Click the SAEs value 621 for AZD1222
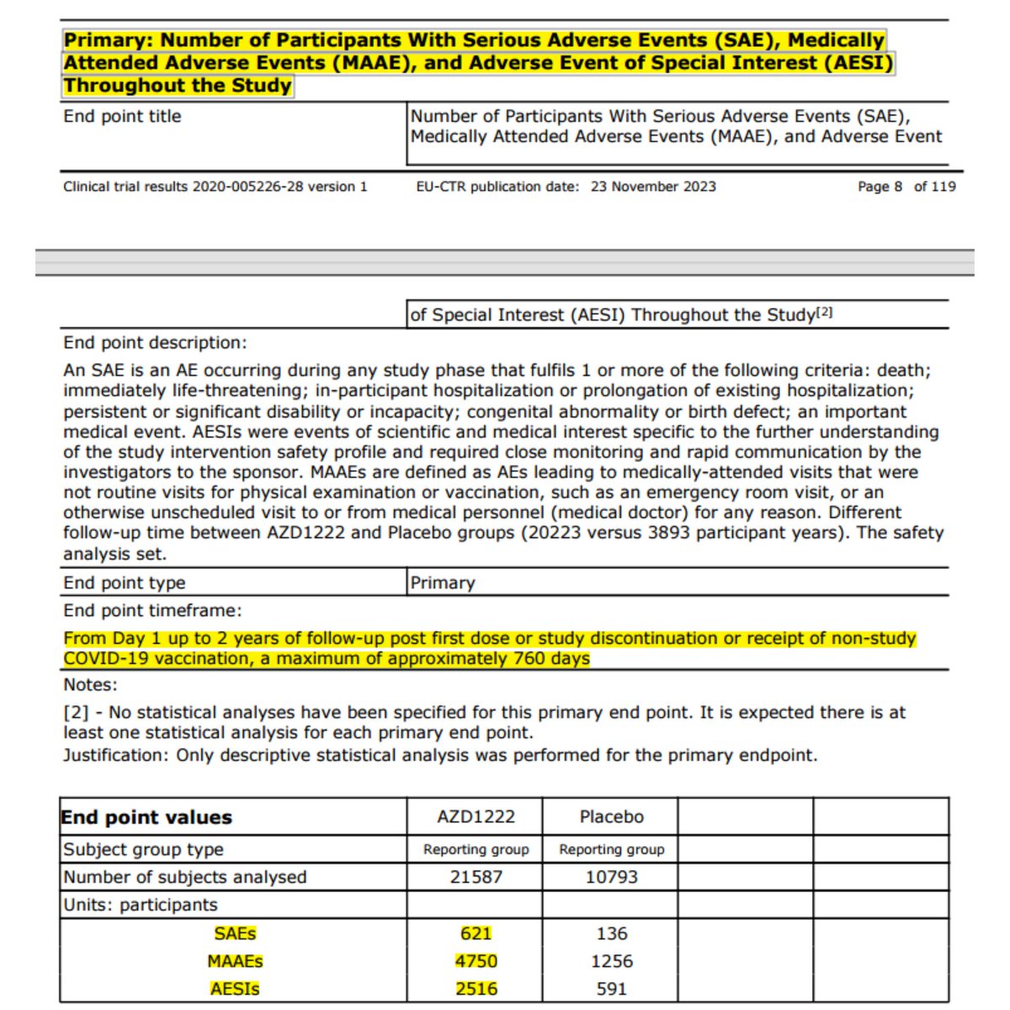[476, 933]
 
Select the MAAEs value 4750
[476, 961]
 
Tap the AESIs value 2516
[476, 989]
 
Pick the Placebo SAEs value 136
[612, 933]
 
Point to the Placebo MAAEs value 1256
[612, 961]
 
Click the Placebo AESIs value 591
[612, 989]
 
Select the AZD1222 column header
[476, 817]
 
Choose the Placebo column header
[612, 817]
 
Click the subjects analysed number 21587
[476, 877]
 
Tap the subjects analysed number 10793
[612, 877]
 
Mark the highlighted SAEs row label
[235, 933]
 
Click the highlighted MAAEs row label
[235, 961]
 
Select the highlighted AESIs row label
[235, 989]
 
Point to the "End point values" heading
[146, 817]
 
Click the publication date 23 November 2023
[653, 187]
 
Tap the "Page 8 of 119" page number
[906, 187]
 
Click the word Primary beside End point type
[443, 583]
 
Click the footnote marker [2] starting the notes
[77, 713]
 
